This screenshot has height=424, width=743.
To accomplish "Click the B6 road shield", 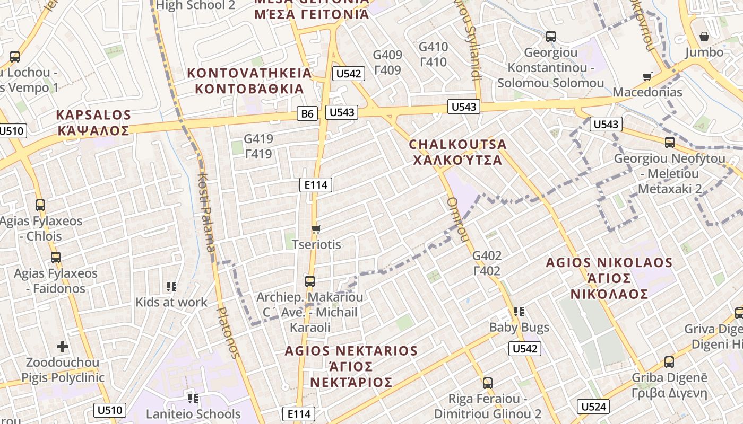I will click(x=307, y=113).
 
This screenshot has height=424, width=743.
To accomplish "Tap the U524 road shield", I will click(x=593, y=407).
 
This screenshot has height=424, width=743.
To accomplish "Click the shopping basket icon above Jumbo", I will click(x=704, y=37).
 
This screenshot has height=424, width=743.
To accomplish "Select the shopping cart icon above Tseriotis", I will click(x=316, y=229).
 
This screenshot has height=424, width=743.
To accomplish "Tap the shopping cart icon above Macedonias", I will click(x=647, y=77).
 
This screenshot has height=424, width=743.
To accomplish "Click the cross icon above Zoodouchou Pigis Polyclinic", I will click(x=63, y=347).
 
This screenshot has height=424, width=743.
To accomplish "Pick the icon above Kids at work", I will click(x=171, y=287).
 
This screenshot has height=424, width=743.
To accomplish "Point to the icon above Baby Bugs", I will click(x=519, y=312).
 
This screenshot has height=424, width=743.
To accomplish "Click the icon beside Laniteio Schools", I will click(x=193, y=398).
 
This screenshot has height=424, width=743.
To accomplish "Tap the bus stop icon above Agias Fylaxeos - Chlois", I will click(x=40, y=205).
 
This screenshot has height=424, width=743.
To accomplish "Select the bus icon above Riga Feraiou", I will click(x=488, y=383).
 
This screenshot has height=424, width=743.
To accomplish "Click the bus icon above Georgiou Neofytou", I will click(x=670, y=142).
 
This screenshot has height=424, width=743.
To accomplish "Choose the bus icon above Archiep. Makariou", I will click(x=310, y=281).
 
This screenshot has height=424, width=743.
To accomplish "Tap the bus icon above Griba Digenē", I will click(x=669, y=362).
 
